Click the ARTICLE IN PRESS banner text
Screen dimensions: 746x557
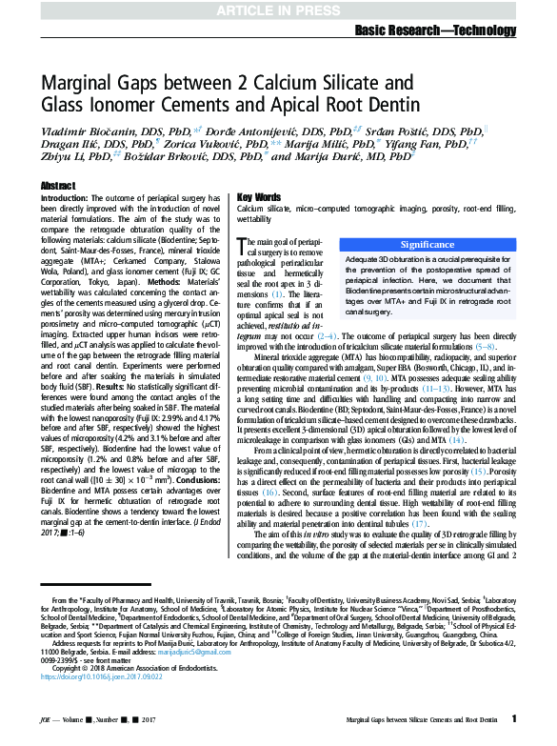(x=278, y=10)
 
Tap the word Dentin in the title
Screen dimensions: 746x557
(x=389, y=104)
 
